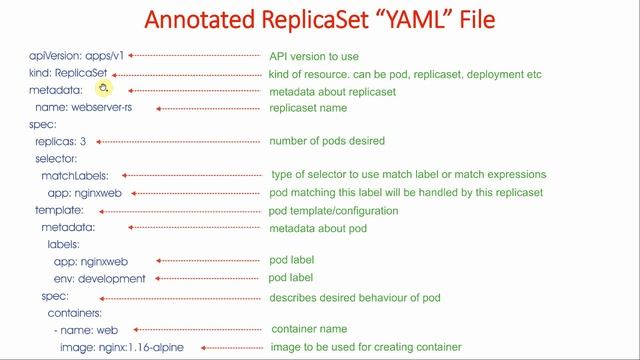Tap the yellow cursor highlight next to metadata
[x=103, y=88]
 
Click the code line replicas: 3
[x=61, y=142]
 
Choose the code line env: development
[x=99, y=279]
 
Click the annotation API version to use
[x=314, y=56]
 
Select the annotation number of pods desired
[x=327, y=141]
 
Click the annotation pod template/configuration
[x=334, y=211]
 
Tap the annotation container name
[x=310, y=329]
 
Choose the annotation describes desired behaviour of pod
[x=355, y=297]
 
